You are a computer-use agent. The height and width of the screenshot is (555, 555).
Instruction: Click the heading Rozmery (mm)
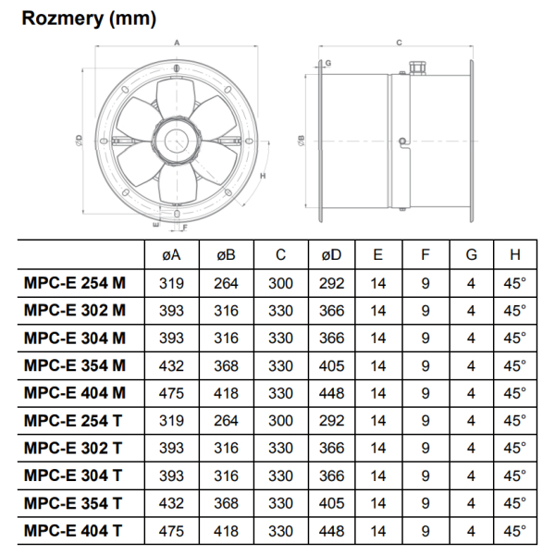click(x=89, y=18)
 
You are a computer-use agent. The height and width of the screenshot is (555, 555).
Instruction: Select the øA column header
click(x=171, y=255)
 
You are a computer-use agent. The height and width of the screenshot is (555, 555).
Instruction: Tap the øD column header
click(x=332, y=255)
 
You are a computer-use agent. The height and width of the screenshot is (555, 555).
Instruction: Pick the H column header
click(x=515, y=255)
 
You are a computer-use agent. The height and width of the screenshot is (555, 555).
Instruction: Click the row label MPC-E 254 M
click(x=75, y=283)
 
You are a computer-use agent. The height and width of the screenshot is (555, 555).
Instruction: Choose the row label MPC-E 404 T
click(x=73, y=531)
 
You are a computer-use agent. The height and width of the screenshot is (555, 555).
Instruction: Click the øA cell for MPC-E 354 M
click(x=171, y=365)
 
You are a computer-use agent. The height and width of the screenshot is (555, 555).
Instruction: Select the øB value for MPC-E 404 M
click(x=226, y=393)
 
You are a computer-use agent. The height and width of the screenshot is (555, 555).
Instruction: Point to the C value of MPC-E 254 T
click(x=280, y=421)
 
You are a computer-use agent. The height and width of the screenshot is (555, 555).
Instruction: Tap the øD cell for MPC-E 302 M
click(x=332, y=311)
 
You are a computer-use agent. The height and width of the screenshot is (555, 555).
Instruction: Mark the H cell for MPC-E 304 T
click(x=515, y=475)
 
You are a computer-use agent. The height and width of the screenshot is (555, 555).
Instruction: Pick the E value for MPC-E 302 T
click(x=378, y=448)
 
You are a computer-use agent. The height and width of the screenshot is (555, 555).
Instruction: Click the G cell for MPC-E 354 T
click(x=471, y=503)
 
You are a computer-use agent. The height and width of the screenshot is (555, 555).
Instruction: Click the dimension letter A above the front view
click(x=177, y=43)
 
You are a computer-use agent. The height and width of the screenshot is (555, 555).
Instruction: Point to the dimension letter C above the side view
click(x=400, y=43)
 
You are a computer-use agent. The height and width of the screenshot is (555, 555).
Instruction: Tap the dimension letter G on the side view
click(x=328, y=63)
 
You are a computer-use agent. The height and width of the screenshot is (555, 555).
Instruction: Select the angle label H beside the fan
click(x=263, y=176)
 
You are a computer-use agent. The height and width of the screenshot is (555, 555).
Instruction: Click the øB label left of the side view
click(x=302, y=141)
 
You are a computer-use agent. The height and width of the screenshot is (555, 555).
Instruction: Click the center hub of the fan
click(x=177, y=142)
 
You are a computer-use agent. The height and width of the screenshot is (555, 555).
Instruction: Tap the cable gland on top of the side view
click(x=418, y=68)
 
